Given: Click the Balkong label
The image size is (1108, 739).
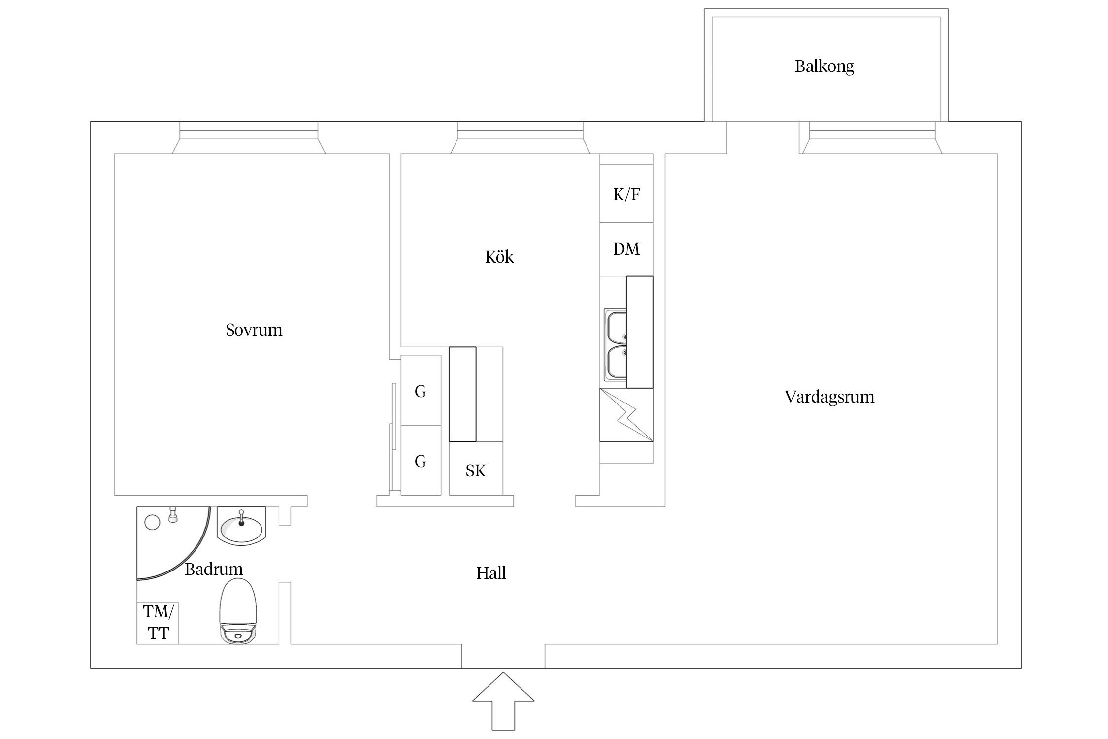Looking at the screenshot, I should point(824,66).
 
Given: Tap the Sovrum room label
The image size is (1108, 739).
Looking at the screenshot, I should point(254,330).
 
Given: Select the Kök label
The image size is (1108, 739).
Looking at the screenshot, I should point(499,257).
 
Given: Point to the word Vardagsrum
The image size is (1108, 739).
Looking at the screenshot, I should point(829,397).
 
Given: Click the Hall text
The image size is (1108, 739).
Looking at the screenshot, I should point(491,573).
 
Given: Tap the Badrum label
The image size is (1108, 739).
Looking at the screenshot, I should point(214,569).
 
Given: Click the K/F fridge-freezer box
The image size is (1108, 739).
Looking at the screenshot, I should point(626,194).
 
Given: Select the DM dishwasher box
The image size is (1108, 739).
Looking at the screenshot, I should point(626,249).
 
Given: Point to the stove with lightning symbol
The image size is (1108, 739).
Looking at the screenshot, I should point(626,415).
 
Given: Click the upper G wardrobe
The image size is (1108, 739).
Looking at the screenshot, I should point(421,390).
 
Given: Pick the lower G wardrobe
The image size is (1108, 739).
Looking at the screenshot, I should point(421,460).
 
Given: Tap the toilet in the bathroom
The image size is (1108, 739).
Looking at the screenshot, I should point(239,611).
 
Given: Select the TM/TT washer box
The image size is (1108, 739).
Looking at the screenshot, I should point(158,623).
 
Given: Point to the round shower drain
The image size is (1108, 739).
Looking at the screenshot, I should point(153,522).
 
